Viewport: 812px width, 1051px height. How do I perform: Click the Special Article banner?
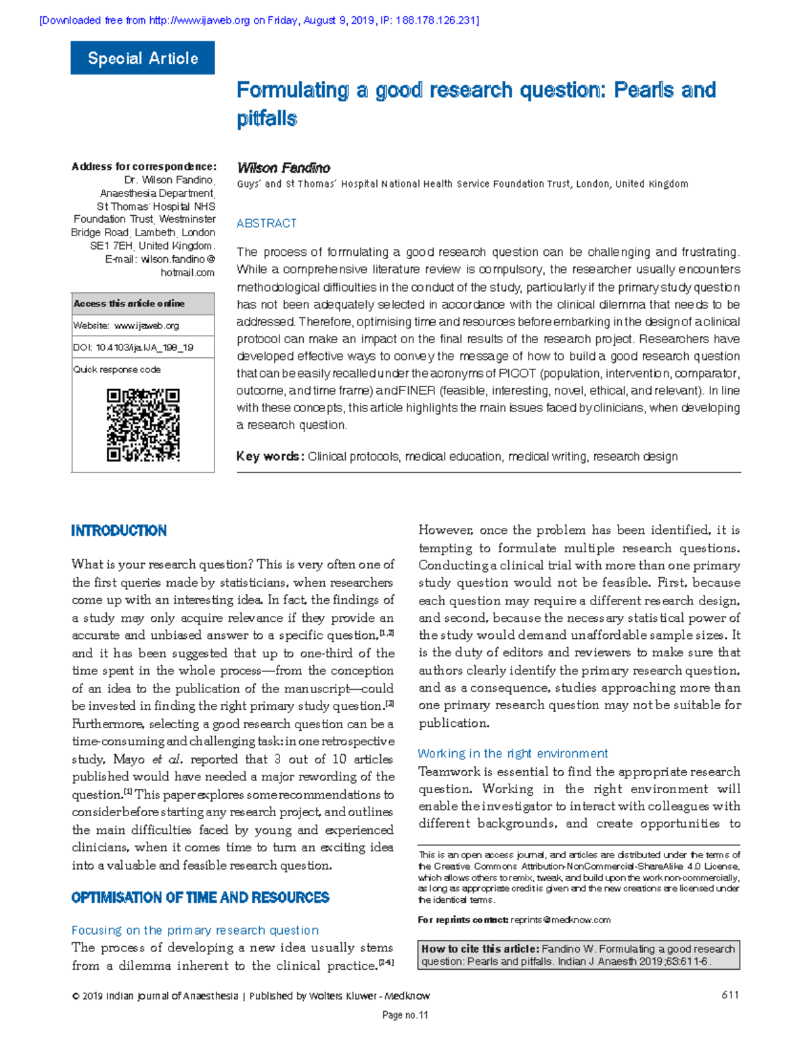[143, 58]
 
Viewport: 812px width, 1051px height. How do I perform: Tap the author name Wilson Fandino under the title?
[284, 168]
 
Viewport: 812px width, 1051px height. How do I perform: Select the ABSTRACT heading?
[267, 223]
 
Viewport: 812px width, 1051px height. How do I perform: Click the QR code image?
[143, 425]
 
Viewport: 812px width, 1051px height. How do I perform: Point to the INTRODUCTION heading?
[119, 531]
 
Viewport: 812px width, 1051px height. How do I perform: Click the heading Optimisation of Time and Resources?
[200, 897]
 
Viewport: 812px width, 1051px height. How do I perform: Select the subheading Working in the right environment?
[512, 753]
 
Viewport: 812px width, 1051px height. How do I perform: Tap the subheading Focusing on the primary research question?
[195, 930]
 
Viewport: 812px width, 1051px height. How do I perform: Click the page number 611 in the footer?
[730, 995]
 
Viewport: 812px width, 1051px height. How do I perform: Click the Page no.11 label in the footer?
[405, 1015]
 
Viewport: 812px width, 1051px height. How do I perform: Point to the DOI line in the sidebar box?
[133, 347]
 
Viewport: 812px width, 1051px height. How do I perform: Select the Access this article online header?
[129, 303]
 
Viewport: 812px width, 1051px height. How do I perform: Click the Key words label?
[269, 456]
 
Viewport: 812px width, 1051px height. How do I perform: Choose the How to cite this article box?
[579, 955]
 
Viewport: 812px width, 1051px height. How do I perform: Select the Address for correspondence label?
[143, 166]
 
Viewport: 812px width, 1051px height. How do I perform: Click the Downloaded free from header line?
[259, 20]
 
